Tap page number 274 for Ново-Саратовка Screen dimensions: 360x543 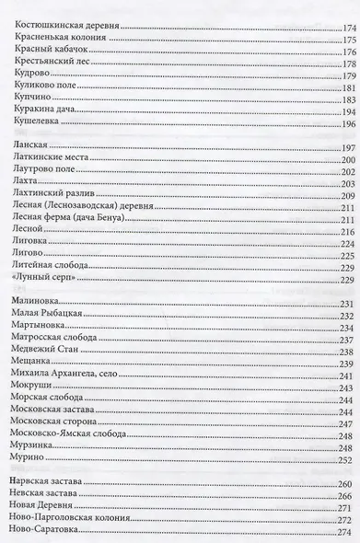point(347,537)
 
